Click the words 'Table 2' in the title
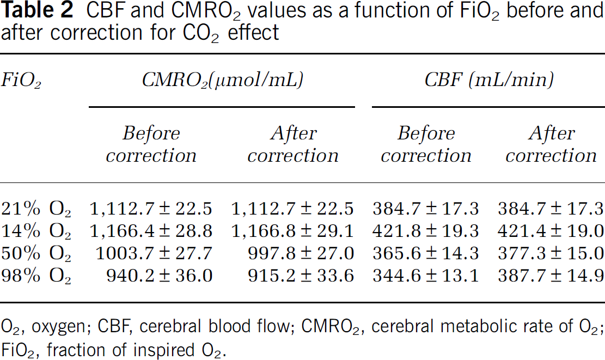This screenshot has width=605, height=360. [x=37, y=10]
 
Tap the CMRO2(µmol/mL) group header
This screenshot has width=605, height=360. [x=223, y=81]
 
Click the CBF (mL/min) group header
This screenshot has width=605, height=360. [x=489, y=80]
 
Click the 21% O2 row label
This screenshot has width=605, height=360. [x=36, y=209]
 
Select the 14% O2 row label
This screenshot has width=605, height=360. [x=36, y=231]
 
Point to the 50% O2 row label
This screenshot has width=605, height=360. [x=36, y=254]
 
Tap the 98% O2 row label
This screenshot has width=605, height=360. [x=36, y=276]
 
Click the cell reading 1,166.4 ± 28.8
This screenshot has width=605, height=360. [x=151, y=231]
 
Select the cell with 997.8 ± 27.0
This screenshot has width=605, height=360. [x=301, y=254]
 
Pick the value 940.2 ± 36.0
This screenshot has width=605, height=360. [x=160, y=276]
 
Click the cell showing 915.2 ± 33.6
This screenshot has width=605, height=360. [x=301, y=276]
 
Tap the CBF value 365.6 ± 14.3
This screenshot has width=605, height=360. [x=426, y=254]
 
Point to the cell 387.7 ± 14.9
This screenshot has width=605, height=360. [x=551, y=276]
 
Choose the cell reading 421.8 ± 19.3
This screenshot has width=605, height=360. [x=426, y=231]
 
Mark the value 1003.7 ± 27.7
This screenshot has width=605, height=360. [x=154, y=254]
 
